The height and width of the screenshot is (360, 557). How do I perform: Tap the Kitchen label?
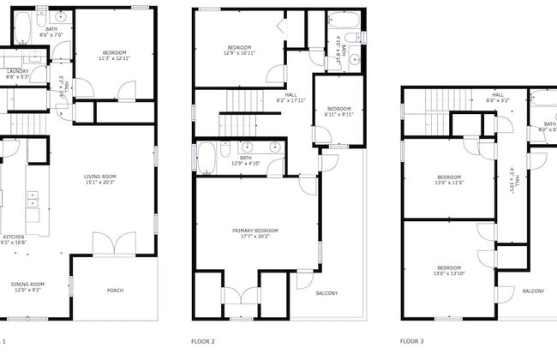click(x=14, y=236)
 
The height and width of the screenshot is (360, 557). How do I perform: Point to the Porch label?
click(x=115, y=291)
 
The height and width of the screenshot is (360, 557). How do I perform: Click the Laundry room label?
click(x=17, y=71)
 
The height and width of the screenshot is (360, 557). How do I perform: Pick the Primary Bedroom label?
click(x=255, y=230)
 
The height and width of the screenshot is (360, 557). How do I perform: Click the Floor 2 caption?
click(x=203, y=340)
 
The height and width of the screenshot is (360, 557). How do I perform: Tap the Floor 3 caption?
click(x=412, y=340)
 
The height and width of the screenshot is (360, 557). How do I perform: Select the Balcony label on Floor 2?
click(x=326, y=294)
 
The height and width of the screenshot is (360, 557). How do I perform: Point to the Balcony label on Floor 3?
click(x=533, y=291)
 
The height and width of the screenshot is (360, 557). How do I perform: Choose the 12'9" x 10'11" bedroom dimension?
click(x=239, y=52)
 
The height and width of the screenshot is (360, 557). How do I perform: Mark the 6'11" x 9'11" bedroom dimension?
click(x=338, y=115)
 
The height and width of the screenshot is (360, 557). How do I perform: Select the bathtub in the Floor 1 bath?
click(x=23, y=29)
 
